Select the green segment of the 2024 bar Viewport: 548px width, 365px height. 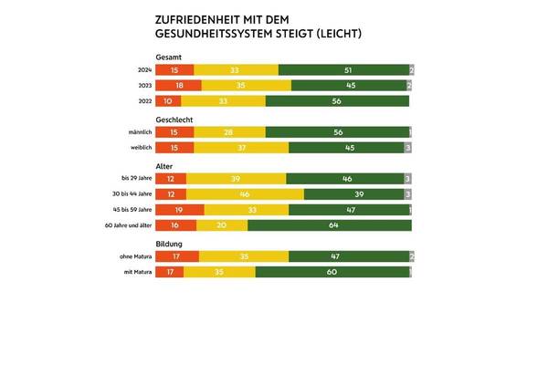[x=343, y=69]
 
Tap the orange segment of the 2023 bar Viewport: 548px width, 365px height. [x=180, y=85]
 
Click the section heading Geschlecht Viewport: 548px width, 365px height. [x=178, y=119]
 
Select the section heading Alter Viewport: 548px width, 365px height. [x=167, y=166]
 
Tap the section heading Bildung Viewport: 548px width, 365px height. [x=171, y=244]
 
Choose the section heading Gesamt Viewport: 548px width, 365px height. [x=171, y=57]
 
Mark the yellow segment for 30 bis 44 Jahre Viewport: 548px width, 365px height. [x=245, y=194]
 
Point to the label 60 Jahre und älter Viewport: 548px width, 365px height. [x=128, y=224]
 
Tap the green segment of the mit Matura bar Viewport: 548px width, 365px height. [x=333, y=272]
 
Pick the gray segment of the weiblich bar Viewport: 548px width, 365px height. [x=409, y=147]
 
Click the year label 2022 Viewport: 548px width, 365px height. [x=143, y=101]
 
